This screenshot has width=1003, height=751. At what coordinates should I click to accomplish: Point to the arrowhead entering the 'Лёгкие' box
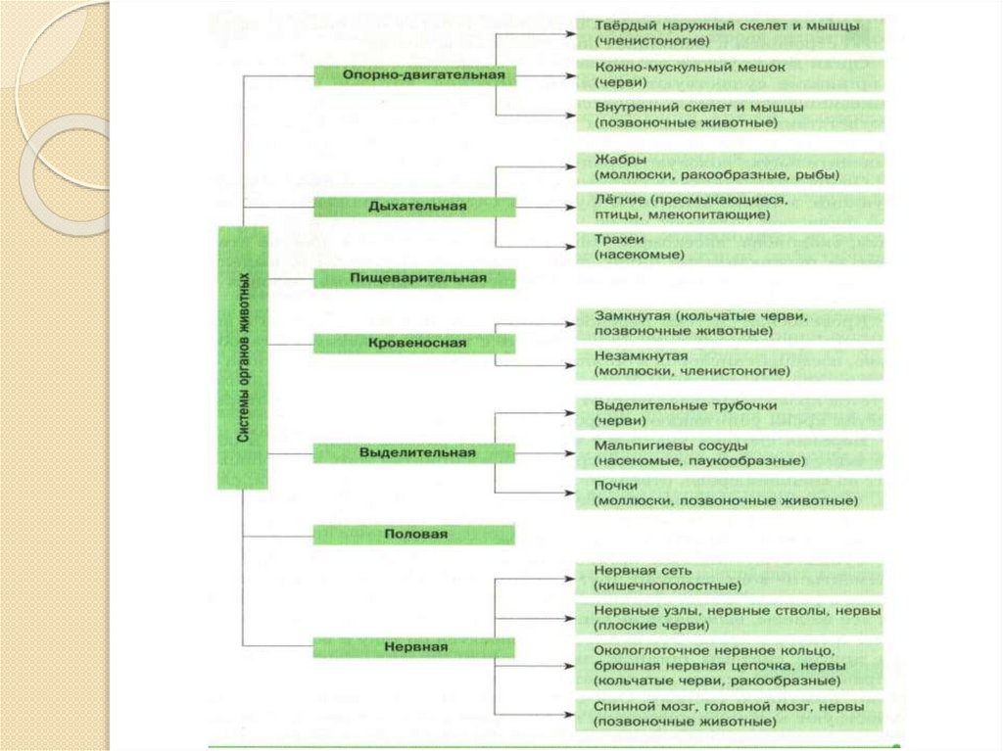[x=569, y=207]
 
